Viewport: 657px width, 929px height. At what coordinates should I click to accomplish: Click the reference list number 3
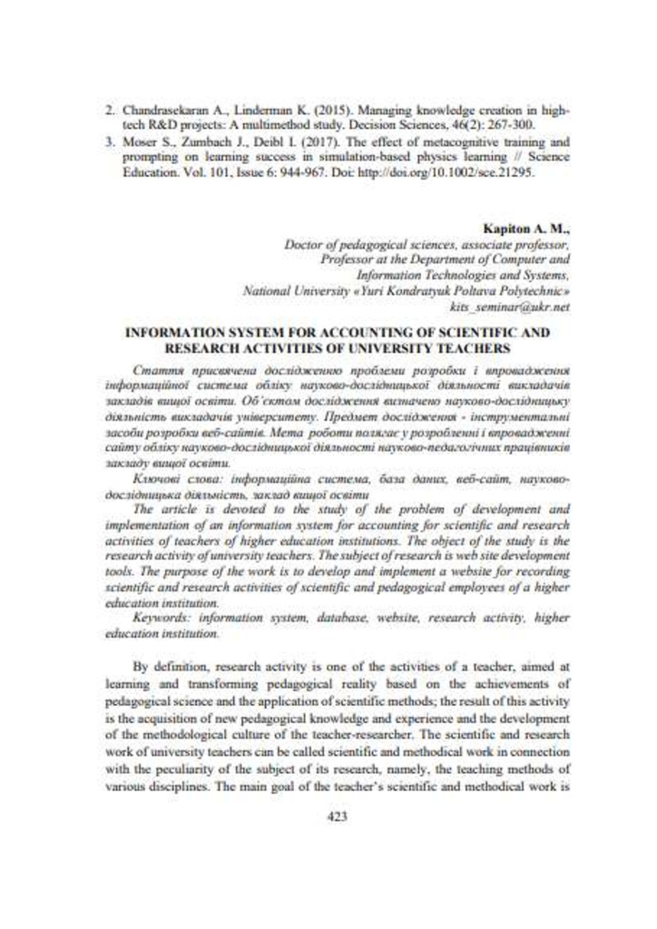[108, 142]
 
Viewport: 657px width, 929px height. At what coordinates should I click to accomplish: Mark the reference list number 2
[108, 108]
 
